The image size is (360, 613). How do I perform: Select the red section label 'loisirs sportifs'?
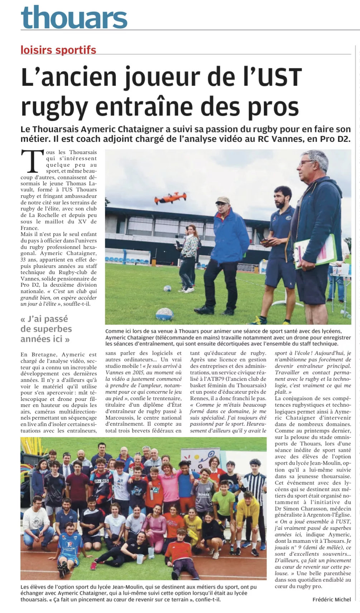click(x=58, y=50)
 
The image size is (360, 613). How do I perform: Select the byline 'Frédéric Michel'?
click(x=331, y=599)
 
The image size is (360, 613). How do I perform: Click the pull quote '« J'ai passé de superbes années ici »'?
click(x=46, y=329)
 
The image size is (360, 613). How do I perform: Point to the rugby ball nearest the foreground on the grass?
click(x=164, y=314)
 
